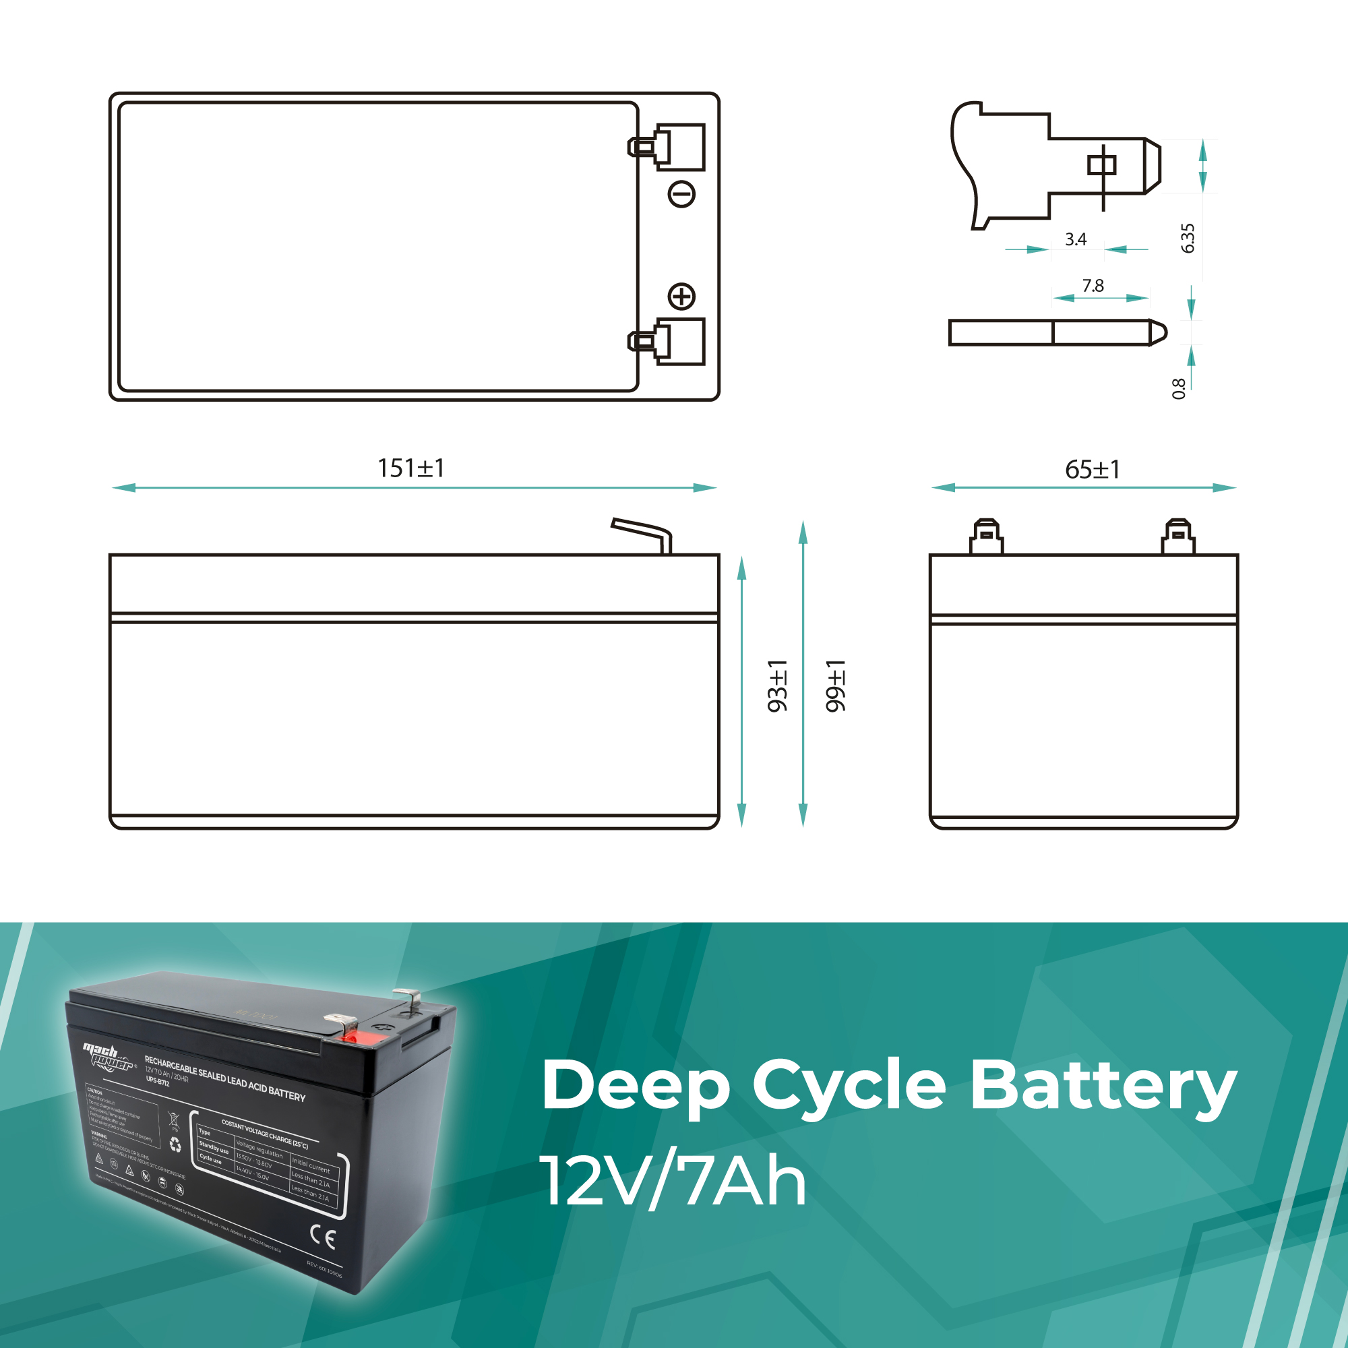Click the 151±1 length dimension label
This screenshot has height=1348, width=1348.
[x=410, y=468]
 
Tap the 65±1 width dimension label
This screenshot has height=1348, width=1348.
[x=1093, y=470]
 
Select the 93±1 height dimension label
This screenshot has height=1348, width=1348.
[x=776, y=686]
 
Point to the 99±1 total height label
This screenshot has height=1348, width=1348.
[x=834, y=686]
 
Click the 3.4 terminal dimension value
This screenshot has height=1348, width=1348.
[x=1075, y=239]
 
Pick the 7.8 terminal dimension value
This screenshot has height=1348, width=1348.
[x=1093, y=285]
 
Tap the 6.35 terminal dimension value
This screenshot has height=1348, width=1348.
[x=1188, y=238]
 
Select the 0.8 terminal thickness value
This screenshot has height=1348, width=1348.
[x=1178, y=389]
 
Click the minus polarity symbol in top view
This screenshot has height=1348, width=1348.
[x=681, y=194]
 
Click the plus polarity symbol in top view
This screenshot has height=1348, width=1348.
[x=681, y=296]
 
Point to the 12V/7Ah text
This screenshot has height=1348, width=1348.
[x=673, y=1182]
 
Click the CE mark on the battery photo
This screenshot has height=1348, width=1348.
[x=322, y=1236]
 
